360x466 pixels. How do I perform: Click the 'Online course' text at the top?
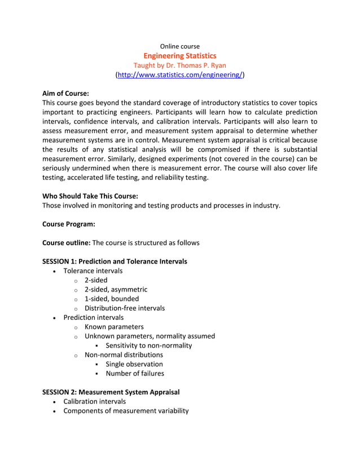[179, 46]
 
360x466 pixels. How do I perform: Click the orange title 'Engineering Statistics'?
[179, 55]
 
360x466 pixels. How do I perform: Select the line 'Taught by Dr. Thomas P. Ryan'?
[179, 65]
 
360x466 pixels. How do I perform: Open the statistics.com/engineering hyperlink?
[179, 74]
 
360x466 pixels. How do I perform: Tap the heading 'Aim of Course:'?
[65, 93]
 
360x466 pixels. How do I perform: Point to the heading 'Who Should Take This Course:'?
[90, 196]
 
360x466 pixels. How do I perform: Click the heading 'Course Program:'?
[68, 224]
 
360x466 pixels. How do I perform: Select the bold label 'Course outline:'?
[66, 243]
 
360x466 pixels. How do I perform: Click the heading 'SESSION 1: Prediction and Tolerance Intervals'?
[115, 261]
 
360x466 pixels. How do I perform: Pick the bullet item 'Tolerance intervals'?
[93, 271]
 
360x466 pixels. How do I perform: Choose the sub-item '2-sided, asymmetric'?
[116, 289]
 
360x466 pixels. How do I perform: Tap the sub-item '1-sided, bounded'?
[111, 298]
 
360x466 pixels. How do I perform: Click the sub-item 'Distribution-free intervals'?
[124, 308]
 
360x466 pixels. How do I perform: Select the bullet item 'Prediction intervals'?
[93, 317]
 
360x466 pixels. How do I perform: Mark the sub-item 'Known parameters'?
[114, 327]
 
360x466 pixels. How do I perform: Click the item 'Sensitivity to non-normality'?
[148, 345]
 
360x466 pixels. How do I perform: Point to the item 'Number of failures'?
[135, 373]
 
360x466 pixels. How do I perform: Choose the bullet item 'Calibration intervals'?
[94, 401]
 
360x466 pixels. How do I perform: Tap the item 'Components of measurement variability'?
[126, 411]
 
